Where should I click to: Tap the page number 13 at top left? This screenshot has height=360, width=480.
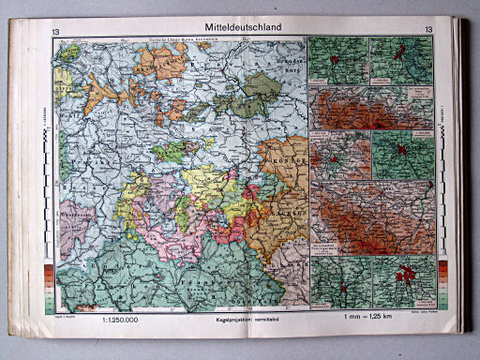click(59, 29)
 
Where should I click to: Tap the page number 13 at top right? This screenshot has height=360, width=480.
click(428, 29)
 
